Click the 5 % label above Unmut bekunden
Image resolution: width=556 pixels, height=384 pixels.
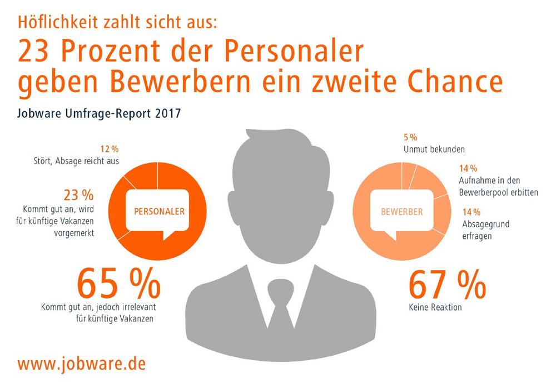(409, 137)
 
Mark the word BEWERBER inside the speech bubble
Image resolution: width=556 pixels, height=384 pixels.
(401, 211)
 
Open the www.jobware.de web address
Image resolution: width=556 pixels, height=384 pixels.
(82, 363)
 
